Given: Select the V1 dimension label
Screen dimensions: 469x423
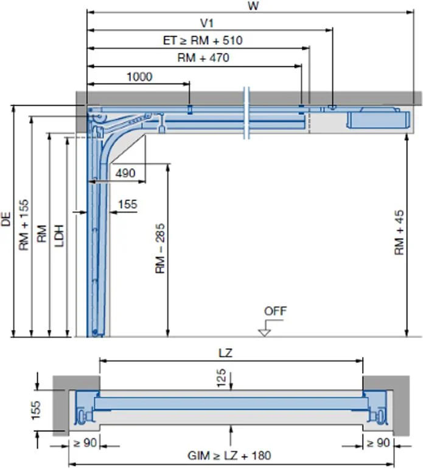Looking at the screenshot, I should pos(208,23).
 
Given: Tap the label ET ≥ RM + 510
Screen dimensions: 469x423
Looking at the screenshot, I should pos(202,41).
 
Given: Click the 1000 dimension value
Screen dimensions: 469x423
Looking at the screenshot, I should pos(139,77).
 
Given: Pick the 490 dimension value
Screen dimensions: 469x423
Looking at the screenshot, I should pos(125,174).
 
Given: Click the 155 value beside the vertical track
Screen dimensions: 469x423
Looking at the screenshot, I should pos(127,205).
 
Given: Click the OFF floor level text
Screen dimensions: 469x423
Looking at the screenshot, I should pos(275,311).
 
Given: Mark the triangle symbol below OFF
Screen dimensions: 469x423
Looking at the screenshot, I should pos(264,332).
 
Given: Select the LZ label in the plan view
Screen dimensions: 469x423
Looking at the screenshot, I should pos(225,353).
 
